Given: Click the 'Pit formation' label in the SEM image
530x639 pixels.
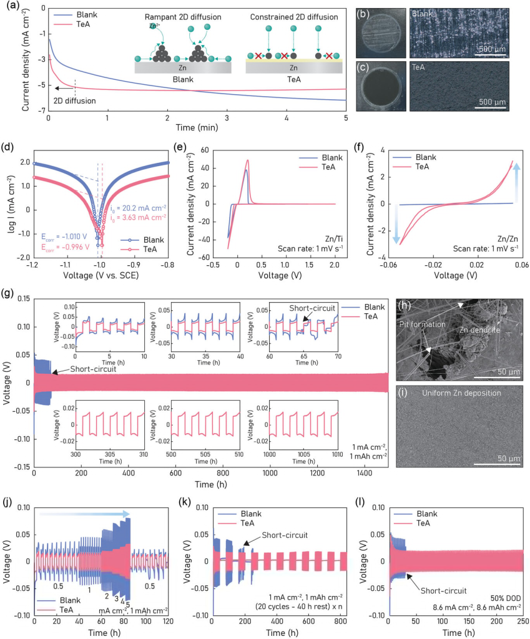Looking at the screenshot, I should pos(422,323).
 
